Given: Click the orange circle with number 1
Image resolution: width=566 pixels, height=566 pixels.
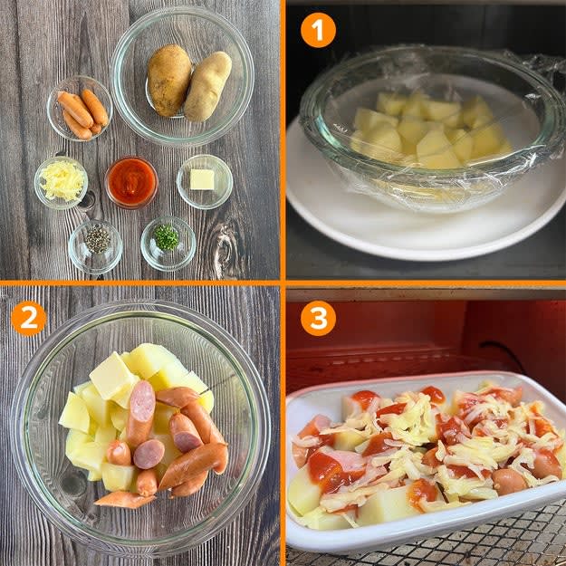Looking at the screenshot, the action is coord(319,30).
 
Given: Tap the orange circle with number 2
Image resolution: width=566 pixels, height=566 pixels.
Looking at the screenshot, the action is coord(29,319).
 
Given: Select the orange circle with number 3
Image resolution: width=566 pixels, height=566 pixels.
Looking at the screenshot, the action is coord(319,319).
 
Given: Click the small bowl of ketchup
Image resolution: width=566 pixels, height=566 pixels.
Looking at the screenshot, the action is coord(131,182).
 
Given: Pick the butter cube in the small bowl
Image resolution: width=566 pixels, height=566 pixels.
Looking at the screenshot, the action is coord(202,179).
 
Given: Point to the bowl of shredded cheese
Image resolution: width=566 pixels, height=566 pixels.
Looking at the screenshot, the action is coord(62,182).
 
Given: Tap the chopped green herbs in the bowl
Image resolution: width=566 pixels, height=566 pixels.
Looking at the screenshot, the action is coord(166,237).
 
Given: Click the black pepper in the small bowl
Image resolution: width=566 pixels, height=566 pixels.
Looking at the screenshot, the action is coord(97,239).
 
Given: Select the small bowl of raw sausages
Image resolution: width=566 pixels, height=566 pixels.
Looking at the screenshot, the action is coord(80,109).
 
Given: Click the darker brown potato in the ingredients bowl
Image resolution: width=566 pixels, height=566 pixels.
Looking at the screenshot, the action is coord(169,80).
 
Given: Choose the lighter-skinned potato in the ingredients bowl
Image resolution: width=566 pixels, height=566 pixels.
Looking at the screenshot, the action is coord(208,87).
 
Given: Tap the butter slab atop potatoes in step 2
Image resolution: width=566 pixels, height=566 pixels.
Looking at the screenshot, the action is coord(112,376).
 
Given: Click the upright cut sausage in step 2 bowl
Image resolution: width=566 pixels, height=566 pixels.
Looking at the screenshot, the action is coord(140,412).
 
